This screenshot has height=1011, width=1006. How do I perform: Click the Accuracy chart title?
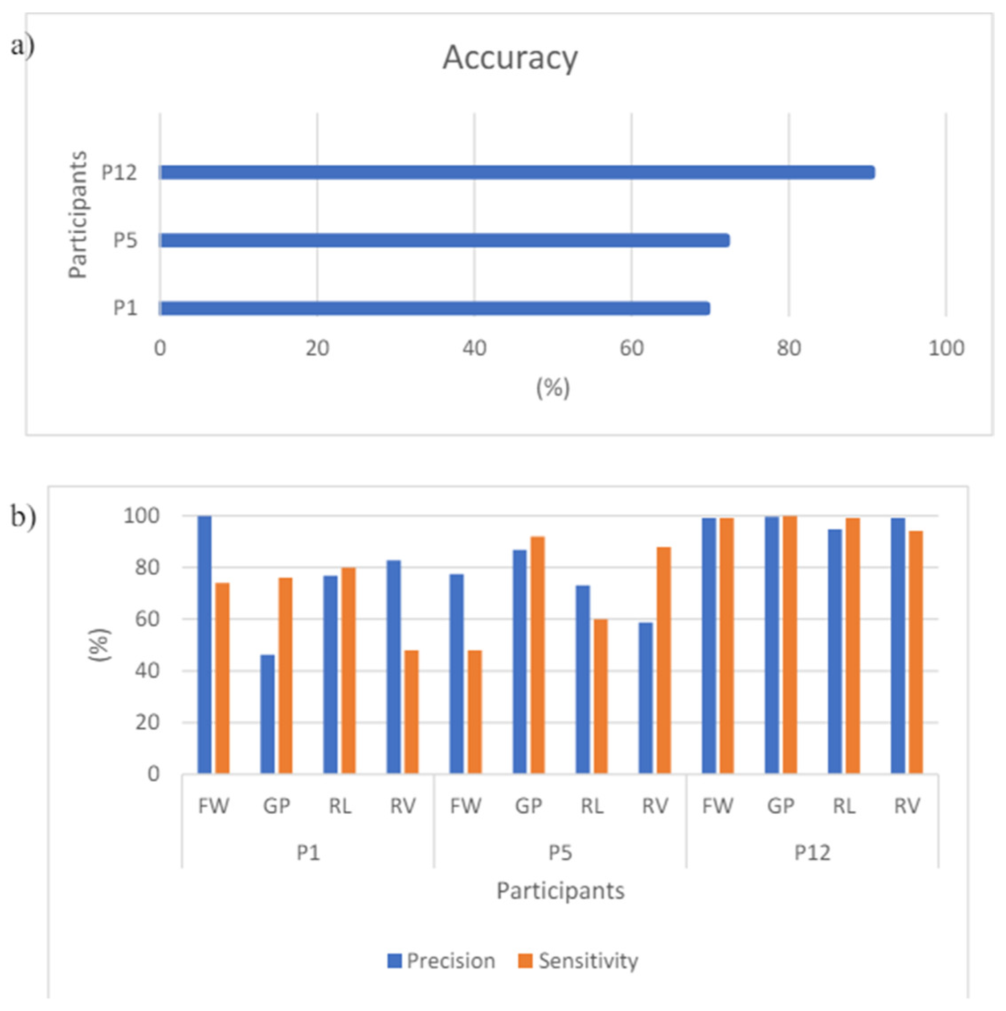coord(510,57)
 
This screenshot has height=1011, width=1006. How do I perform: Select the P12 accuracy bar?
coord(516,172)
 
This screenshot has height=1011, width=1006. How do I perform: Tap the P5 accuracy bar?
coord(444,240)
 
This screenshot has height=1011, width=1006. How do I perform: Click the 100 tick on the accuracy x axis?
coord(946,349)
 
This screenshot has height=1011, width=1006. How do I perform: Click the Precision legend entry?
coord(441,961)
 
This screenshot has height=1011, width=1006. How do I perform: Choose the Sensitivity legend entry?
coord(578,961)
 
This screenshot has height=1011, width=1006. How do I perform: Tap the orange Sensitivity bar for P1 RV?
coord(411,712)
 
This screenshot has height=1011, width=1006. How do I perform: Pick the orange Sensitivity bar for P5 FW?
coord(474,712)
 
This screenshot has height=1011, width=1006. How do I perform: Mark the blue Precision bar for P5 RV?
coord(646,698)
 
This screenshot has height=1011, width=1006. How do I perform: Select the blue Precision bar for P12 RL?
coord(835,651)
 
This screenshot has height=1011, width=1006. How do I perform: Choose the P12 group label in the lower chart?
coord(812,853)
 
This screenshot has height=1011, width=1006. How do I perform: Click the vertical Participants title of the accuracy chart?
coord(78,215)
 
